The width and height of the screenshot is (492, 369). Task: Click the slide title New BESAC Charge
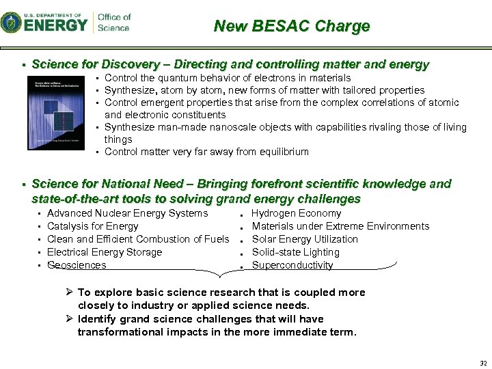coord(292,27)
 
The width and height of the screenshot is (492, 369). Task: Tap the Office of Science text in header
coord(114,23)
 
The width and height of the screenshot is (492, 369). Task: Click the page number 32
coord(483,363)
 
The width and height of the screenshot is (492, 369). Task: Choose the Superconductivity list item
coord(292,265)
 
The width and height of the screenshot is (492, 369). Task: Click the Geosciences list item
coord(77,265)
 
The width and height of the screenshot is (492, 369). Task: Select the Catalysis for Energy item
coord(92,226)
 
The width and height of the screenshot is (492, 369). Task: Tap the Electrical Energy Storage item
coord(105,252)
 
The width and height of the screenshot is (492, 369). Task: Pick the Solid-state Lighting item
coord(295,252)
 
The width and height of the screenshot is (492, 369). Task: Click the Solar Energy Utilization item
coord(305,239)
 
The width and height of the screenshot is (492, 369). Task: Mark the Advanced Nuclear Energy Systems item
coord(127,213)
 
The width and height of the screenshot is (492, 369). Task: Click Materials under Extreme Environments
coord(340,226)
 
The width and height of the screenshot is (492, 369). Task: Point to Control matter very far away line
coord(206,152)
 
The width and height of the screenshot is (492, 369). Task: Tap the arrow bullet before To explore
coord(70,292)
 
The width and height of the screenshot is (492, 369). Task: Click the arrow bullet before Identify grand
coord(70,319)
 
